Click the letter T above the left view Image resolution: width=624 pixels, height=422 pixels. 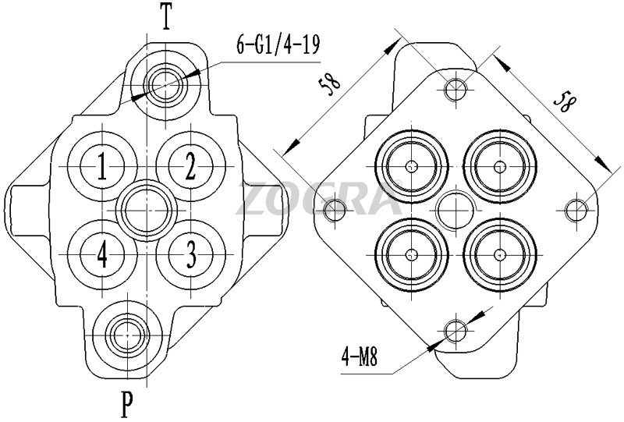166,16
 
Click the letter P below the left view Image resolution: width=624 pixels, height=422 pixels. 126,404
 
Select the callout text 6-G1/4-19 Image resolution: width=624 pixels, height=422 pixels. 278,45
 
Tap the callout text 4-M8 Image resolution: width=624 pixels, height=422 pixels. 360,357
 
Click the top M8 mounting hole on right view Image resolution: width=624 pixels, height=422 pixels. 456,89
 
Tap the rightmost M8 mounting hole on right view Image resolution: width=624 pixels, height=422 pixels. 576,210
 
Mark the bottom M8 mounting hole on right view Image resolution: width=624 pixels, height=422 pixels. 456,331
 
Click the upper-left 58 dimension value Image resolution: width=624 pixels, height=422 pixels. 330,84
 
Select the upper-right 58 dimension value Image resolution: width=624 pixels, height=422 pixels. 564,101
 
